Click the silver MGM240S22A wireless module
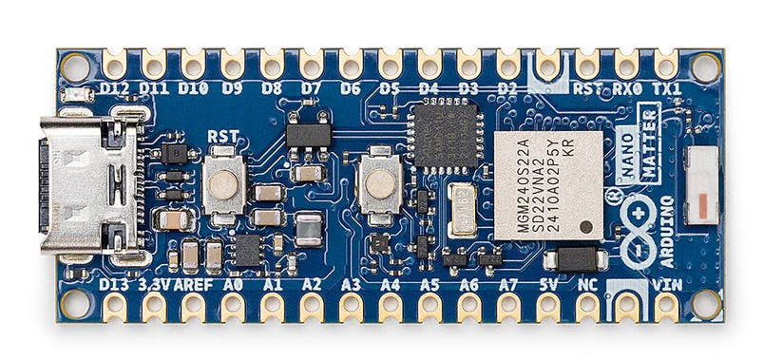pyautogui.click(x=548, y=184)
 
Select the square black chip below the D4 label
pyautogui.click(x=444, y=136)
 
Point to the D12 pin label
pyautogui.click(x=115, y=89)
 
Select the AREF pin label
pyautogui.click(x=194, y=283)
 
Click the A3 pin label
pyautogui.click(x=351, y=283)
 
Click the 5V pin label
pyautogui.click(x=548, y=283)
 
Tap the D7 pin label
pyautogui.click(x=311, y=89)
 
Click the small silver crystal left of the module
pyautogui.click(x=462, y=210)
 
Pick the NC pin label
pyautogui.click(x=587, y=283)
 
